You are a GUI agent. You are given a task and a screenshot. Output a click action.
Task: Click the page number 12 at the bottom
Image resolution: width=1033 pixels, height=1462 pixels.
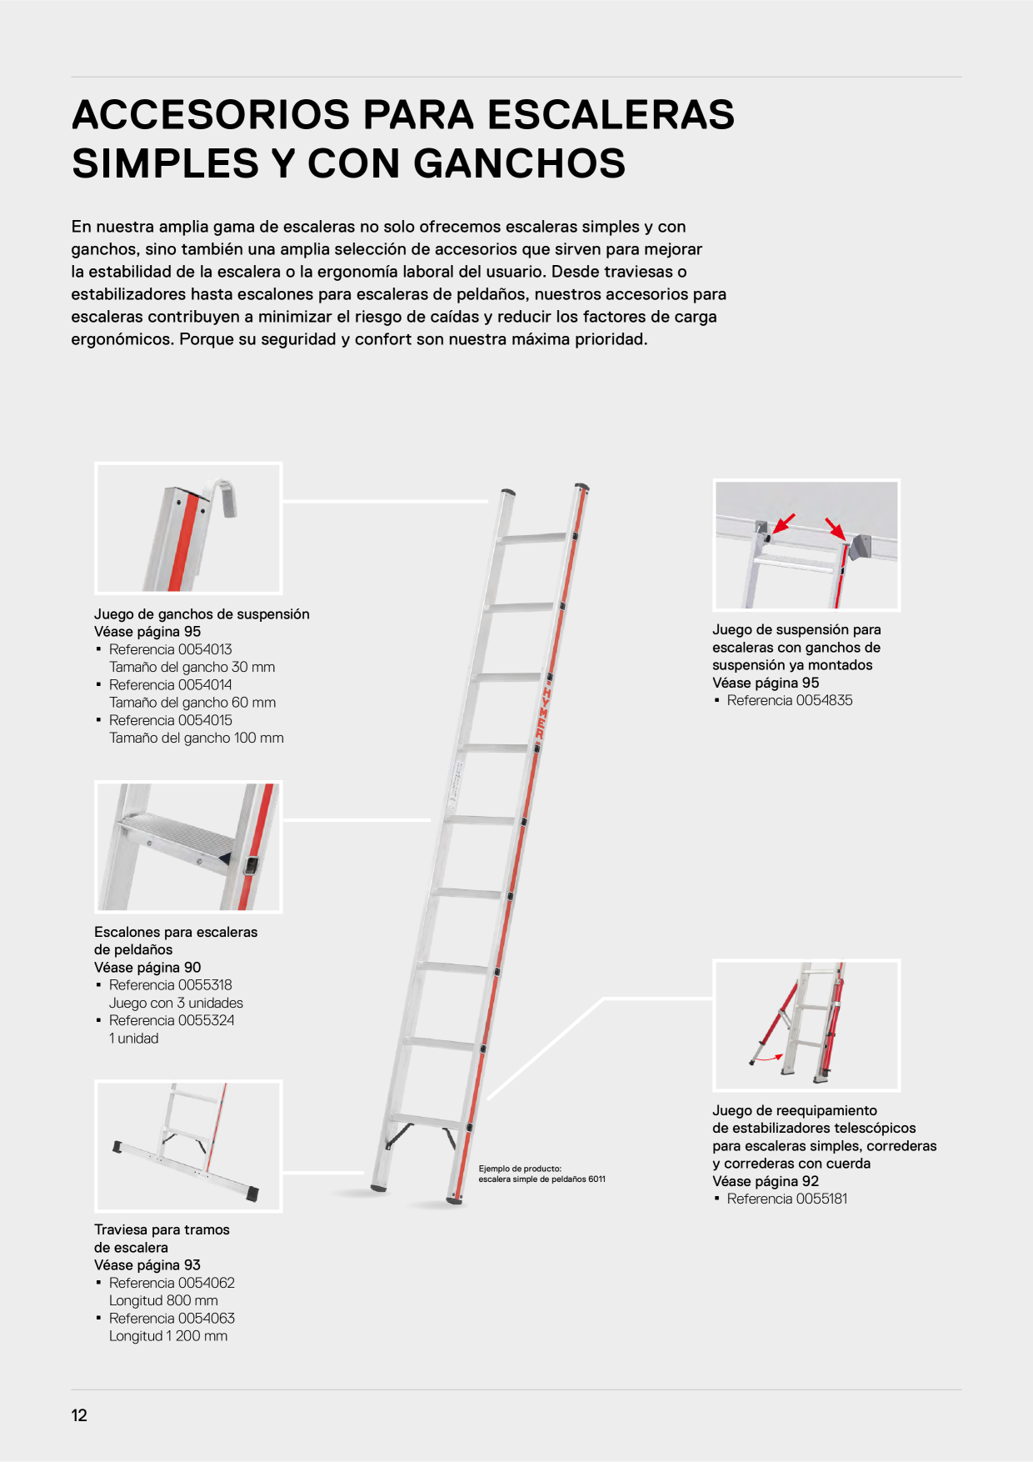[79, 1415]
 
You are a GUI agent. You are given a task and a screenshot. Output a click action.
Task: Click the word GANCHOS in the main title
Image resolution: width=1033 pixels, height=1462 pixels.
[519, 163]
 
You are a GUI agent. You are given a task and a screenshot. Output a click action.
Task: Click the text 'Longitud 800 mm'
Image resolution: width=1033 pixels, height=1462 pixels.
[163, 1300]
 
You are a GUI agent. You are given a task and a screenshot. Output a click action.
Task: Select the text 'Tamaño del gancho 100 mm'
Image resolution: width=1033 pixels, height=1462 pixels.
[197, 738]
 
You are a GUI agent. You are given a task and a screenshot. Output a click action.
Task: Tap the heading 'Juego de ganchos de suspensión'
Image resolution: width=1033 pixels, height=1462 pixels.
[202, 614]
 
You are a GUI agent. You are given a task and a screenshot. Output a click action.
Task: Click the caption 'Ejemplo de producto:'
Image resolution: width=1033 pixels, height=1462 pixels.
[520, 1169]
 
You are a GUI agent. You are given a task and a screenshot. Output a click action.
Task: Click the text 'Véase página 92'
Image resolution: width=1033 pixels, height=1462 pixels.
[766, 1181]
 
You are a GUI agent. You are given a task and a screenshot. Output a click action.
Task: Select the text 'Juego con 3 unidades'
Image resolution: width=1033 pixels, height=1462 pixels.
[176, 1003]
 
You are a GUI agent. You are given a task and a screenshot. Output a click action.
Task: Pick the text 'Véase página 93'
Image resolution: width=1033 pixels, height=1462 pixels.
[147, 1265]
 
